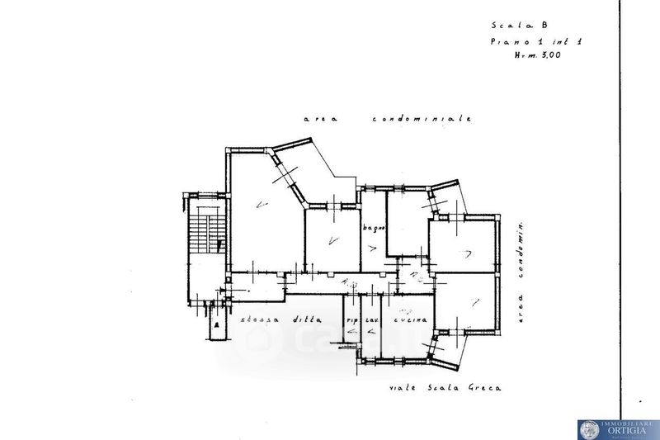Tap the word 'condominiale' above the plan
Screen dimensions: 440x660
[421, 119]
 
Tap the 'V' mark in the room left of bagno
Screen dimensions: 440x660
[332, 240]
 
